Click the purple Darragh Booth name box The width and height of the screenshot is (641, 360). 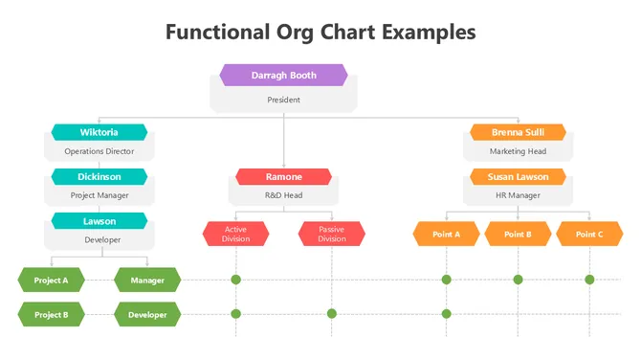click(x=283, y=75)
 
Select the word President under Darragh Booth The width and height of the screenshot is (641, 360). click(x=283, y=100)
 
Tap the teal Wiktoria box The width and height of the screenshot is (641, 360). click(x=99, y=132)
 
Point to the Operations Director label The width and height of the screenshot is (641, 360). click(x=99, y=151)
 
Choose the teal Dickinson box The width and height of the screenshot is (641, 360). click(x=99, y=176)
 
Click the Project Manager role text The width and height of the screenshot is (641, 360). click(x=99, y=195)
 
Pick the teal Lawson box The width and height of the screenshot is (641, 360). click(x=99, y=221)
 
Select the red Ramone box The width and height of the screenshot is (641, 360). click(x=283, y=177)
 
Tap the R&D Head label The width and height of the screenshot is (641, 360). click(x=283, y=195)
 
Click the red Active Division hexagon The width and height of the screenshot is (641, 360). click(x=235, y=234)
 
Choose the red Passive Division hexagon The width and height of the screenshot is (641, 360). click(x=331, y=234)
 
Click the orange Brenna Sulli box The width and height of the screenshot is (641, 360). click(x=518, y=132)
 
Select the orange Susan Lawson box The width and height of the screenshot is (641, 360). click(x=518, y=177)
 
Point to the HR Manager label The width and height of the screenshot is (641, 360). click(x=518, y=195)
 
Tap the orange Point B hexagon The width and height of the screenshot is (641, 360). click(x=518, y=234)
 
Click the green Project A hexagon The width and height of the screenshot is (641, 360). click(x=51, y=281)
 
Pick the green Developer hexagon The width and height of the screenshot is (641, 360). click(x=146, y=314)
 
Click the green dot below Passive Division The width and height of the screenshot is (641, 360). click(x=331, y=314)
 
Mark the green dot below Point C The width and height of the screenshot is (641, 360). click(x=589, y=280)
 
